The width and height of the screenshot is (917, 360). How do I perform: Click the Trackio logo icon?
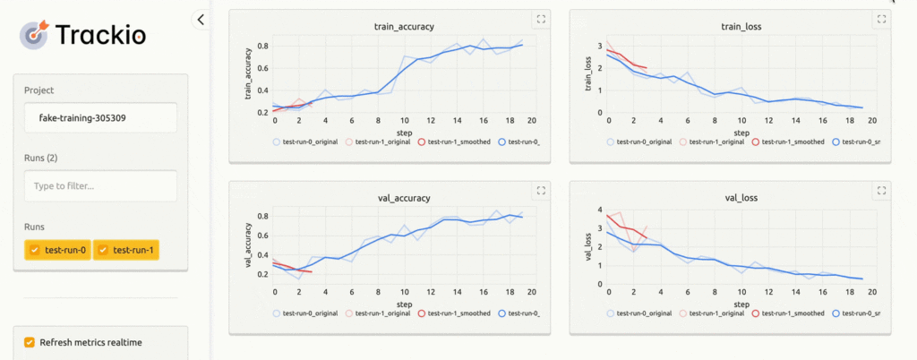coord(34,35)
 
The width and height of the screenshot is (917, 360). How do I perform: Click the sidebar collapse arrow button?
coord(201,19)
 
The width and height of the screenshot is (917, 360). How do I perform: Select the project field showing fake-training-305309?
coord(100,117)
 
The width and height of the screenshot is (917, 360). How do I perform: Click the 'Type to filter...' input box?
coord(100,185)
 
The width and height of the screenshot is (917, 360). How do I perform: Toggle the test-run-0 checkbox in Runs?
coord(36,250)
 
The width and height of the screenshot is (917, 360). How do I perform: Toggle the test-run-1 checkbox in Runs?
coord(104,250)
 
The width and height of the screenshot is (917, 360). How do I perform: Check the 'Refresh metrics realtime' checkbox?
coord(30,342)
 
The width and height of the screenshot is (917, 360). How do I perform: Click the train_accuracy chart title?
coord(400,27)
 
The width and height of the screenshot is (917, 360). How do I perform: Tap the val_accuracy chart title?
coord(400,197)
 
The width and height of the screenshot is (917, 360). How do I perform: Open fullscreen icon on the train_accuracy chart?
coord(540,19)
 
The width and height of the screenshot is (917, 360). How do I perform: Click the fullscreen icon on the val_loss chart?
coord(881,190)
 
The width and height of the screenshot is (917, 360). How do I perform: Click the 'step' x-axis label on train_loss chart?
coord(740,130)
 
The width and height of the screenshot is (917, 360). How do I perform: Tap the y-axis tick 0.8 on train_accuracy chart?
coord(263,46)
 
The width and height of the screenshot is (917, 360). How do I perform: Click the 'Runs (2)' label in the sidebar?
coord(40,159)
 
